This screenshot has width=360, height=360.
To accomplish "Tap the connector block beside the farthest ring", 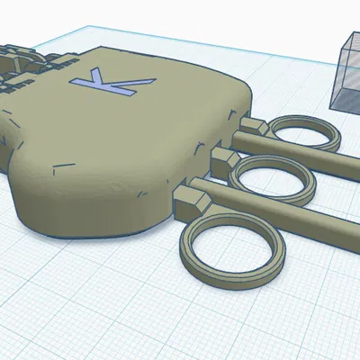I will point(248,127).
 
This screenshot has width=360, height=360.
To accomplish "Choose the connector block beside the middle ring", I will point(221,157).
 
